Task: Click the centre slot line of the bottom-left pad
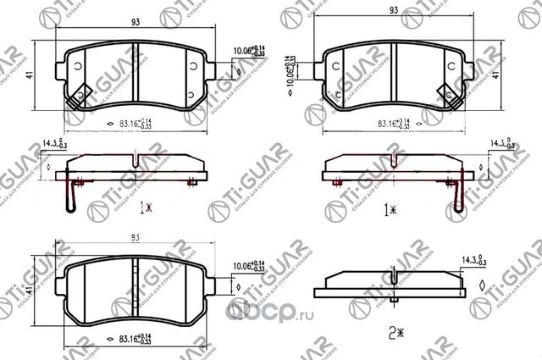coord(140,284)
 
